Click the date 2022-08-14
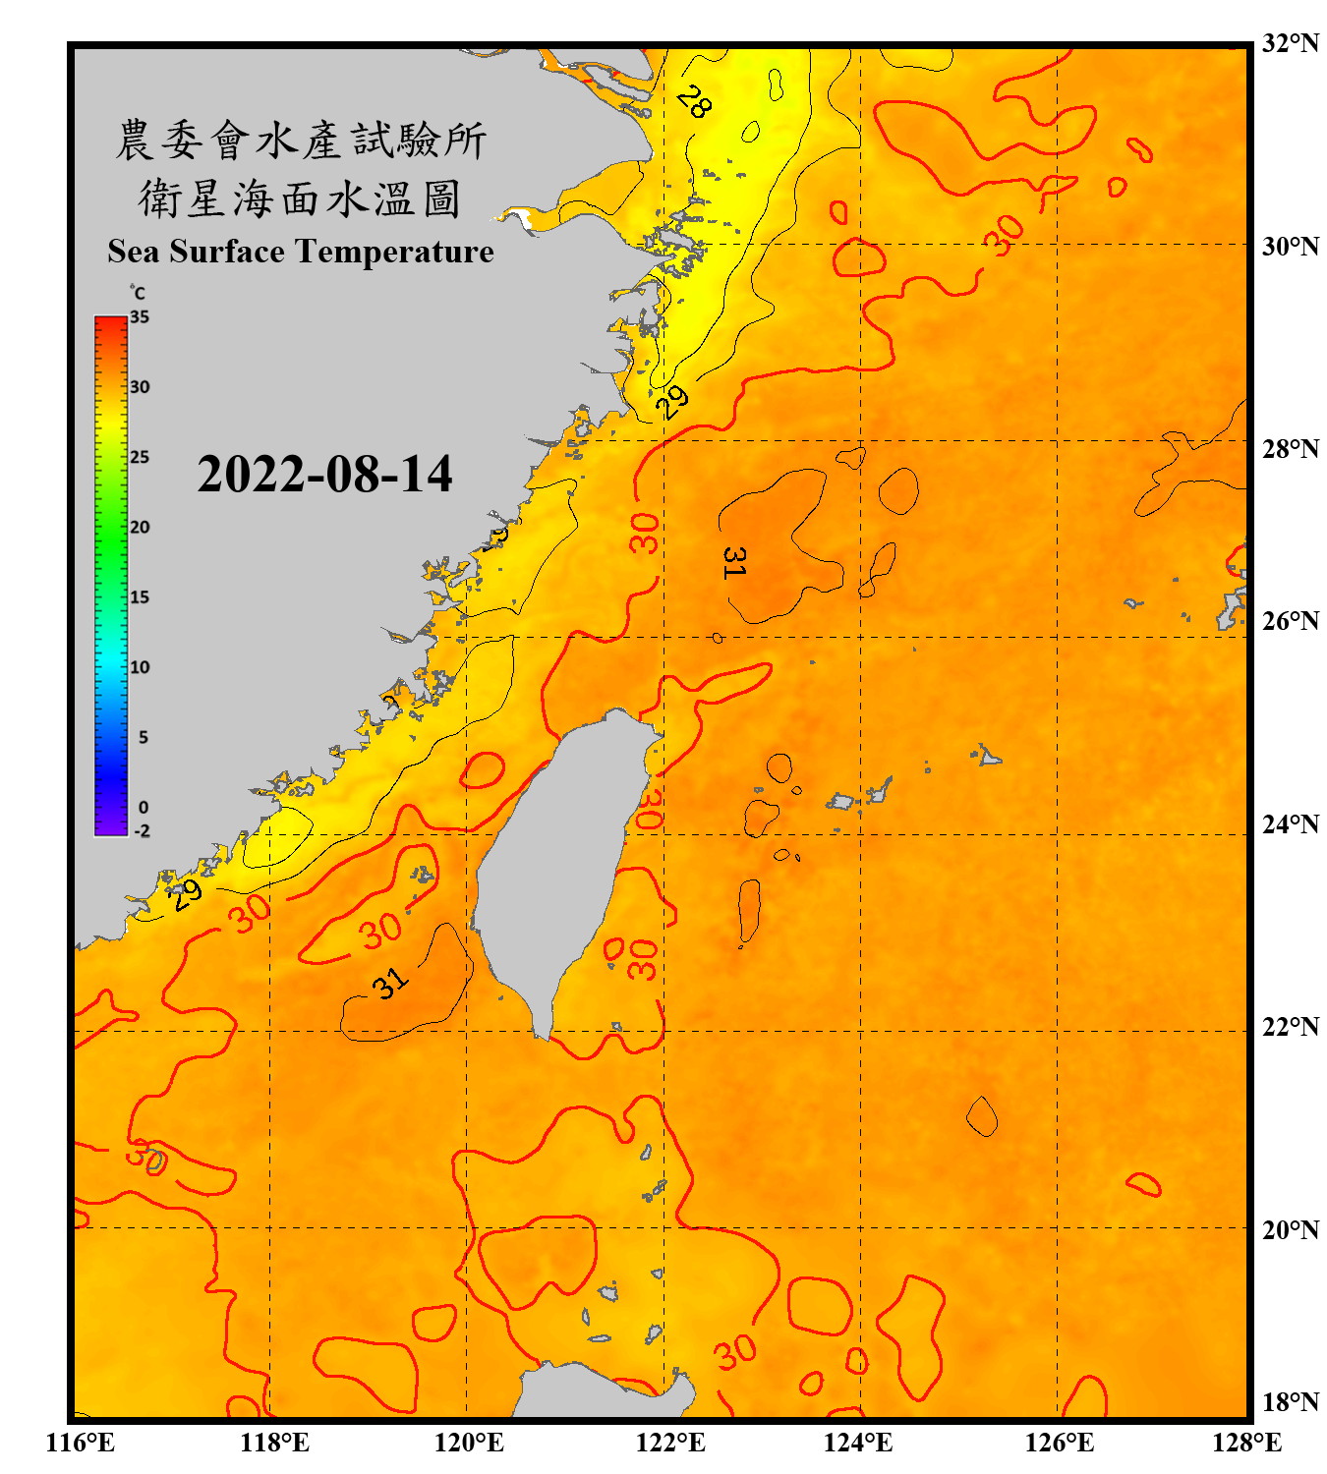pyautogui.click(x=324, y=475)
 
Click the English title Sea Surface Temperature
pyautogui.click(x=300, y=252)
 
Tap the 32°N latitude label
pyautogui.click(x=1290, y=43)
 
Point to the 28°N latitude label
pyautogui.click(x=1290, y=449)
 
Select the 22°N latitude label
pyautogui.click(x=1290, y=1027)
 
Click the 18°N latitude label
pyautogui.click(x=1290, y=1402)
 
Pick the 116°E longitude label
pyautogui.click(x=81, y=1443)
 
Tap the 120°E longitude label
pyautogui.click(x=469, y=1443)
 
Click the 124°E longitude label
pyautogui.click(x=858, y=1443)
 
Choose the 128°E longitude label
pyautogui.click(x=1246, y=1443)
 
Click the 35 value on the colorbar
pyautogui.click(x=140, y=317)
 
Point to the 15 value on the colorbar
pyautogui.click(x=140, y=597)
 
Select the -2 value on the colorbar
pyautogui.click(x=142, y=831)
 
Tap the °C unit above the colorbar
pyautogui.click(x=137, y=293)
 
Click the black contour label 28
pyautogui.click(x=694, y=101)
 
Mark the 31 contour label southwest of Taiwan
pyautogui.click(x=390, y=983)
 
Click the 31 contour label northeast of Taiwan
pyautogui.click(x=733, y=562)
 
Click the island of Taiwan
pyautogui.click(x=555, y=865)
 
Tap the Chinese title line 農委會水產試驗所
pyautogui.click(x=300, y=141)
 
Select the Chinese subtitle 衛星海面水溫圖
pyautogui.click(x=300, y=199)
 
